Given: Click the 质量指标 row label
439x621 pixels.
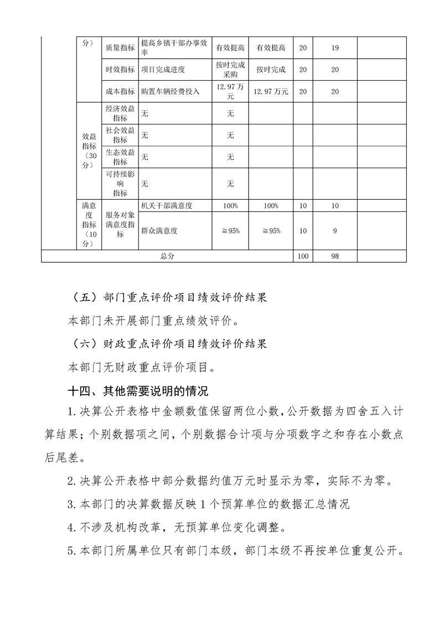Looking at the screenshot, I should (120, 48).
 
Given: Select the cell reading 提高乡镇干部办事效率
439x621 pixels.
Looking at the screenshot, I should (175, 48).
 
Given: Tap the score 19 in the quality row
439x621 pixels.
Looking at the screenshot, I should (334, 48).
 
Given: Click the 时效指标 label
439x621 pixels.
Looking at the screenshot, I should (120, 70).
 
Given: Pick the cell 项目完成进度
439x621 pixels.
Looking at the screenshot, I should (163, 70).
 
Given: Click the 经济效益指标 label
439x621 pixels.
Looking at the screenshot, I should (120, 113).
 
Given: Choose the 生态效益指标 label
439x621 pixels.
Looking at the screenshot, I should (120, 157).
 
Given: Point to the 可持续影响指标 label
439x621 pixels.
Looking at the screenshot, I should (120, 184).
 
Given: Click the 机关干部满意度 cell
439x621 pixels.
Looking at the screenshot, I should (167, 205).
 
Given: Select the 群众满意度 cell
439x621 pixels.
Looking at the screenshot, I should (159, 231).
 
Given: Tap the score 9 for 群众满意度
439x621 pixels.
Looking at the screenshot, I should (334, 231).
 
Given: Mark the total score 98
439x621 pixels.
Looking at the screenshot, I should (334, 256).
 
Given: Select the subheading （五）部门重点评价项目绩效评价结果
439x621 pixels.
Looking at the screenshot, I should (170, 298).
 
